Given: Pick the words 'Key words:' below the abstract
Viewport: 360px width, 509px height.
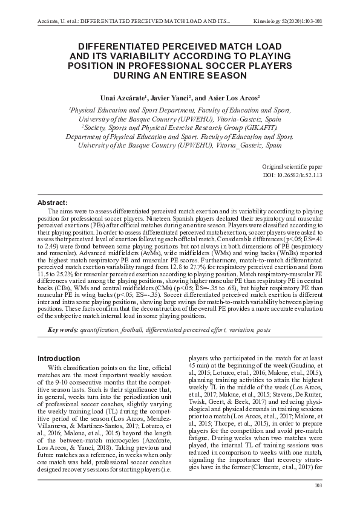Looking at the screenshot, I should click(63, 329).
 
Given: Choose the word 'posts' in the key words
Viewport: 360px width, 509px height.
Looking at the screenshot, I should click(263, 329).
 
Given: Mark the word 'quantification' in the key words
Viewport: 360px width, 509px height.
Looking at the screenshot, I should click(99, 329).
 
